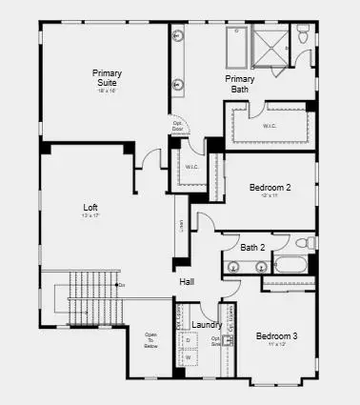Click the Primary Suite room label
[x=107, y=78]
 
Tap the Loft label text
[x=91, y=207]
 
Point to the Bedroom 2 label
[x=270, y=188]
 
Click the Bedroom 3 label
[x=276, y=336]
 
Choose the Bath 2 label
[x=253, y=248]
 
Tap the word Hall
[x=187, y=281]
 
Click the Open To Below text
[x=150, y=340]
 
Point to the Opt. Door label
[x=177, y=126]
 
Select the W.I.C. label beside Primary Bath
[x=270, y=125]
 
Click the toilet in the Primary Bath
[x=302, y=37]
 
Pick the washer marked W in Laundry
[x=188, y=357]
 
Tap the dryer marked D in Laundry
[x=188, y=339]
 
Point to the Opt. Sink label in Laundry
[x=215, y=340]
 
